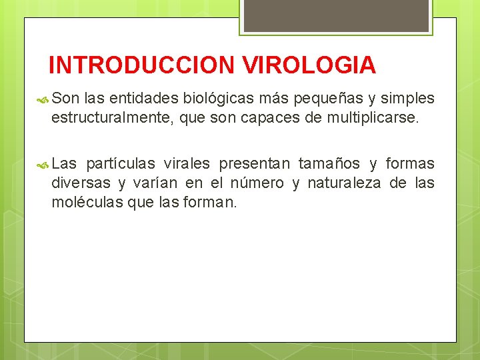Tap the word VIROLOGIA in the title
click(309, 65)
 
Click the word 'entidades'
click(142, 99)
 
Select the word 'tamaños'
click(329, 164)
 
